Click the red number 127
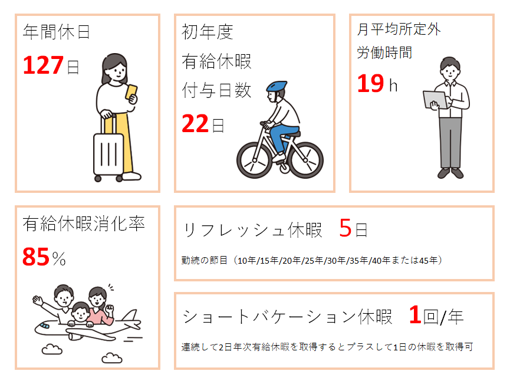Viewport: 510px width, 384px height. click(43, 65)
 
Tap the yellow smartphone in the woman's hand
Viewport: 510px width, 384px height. click(131, 92)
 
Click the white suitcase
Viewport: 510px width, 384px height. click(108, 152)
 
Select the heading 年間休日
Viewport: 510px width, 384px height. click(56, 32)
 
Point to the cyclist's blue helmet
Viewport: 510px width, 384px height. click(277, 86)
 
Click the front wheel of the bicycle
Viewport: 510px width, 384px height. click(254, 160)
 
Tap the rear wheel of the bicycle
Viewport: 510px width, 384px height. click(305, 160)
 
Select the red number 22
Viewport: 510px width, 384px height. click(195, 124)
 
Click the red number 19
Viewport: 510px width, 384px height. click(371, 84)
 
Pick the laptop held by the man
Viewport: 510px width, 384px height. click(436, 100)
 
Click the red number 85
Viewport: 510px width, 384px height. click(36, 257)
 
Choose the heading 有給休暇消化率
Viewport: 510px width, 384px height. click(84, 224)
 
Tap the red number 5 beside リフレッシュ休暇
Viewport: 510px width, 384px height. click(346, 228)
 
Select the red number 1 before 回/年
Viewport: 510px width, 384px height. click(415, 314)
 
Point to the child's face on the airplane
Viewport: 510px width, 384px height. click(80, 313)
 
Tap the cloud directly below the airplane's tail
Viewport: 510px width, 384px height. click(112, 358)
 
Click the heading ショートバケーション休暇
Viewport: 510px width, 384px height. click(288, 316)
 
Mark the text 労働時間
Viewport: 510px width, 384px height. click(384, 52)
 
